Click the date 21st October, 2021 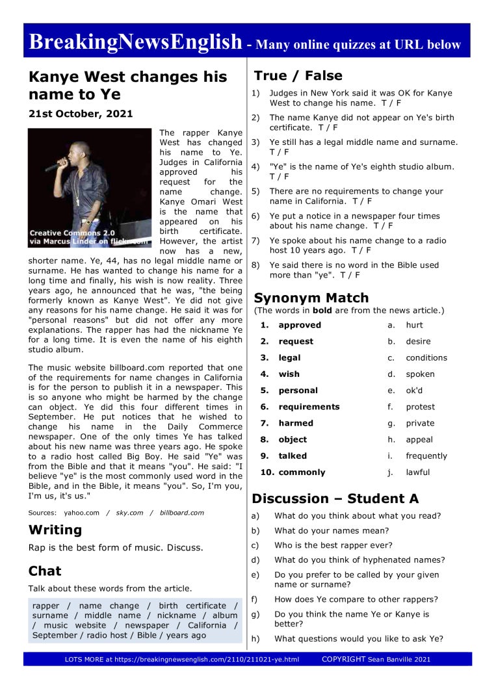pos(81,114)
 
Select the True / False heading pos(298,75)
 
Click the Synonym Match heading pos(311,298)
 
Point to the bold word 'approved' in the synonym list pos(300,325)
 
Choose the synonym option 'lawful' pos(417,472)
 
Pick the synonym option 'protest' pos(420,407)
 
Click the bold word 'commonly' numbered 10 pos(302,472)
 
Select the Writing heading pos(55,530)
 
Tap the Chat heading pos(45,571)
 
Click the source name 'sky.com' pos(129,513)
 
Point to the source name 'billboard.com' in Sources pos(181,513)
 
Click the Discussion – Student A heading pos(335,499)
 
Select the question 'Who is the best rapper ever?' pos(333,545)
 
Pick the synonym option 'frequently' pos(426,456)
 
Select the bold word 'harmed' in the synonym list pos(296,423)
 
